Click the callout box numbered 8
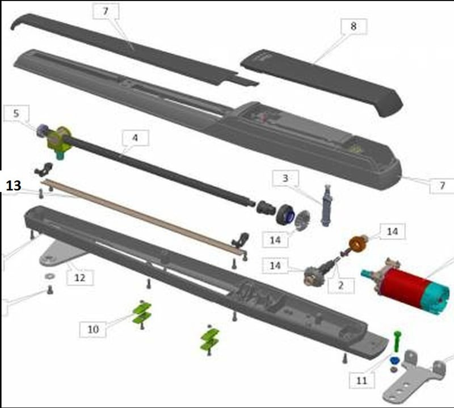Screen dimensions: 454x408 pos(354,26)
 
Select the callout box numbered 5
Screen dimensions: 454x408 pos(16,113)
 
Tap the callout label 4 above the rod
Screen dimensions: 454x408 pos(136,138)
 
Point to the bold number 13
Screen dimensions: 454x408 pos(13,186)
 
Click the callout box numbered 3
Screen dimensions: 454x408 pos(285,178)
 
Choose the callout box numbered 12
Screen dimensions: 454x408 pos(80,277)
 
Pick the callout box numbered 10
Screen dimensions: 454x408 pos(93,329)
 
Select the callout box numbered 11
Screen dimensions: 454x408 pos(362,380)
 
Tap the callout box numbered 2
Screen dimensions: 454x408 pos(341,285)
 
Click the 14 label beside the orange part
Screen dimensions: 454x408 pos(392,232)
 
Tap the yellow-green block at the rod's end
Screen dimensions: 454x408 pos(59,139)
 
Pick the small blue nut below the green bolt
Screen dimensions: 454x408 pos(394,360)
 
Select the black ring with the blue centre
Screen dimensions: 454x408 pos(285,214)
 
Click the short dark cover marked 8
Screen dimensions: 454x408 pos(322,82)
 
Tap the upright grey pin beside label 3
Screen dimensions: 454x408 pos(327,205)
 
